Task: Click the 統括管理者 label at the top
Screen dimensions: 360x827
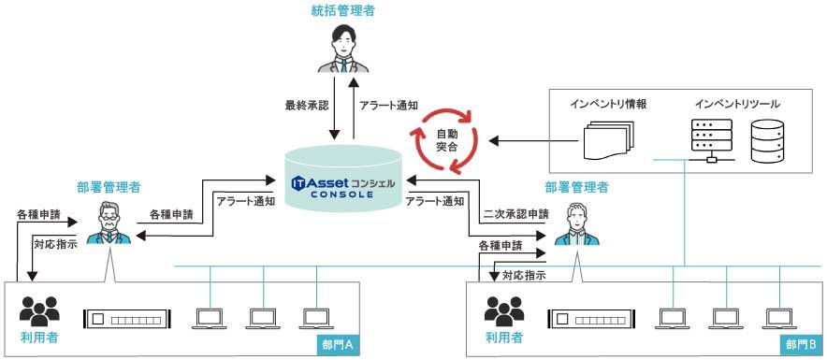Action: tap(344, 11)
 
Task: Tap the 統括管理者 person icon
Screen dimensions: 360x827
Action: tap(344, 50)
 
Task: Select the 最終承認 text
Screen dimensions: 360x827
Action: tap(307, 106)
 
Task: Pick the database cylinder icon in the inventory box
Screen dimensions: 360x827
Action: tap(769, 140)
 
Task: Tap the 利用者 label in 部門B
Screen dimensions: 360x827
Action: tap(504, 337)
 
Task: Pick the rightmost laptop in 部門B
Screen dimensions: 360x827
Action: tap(779, 318)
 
